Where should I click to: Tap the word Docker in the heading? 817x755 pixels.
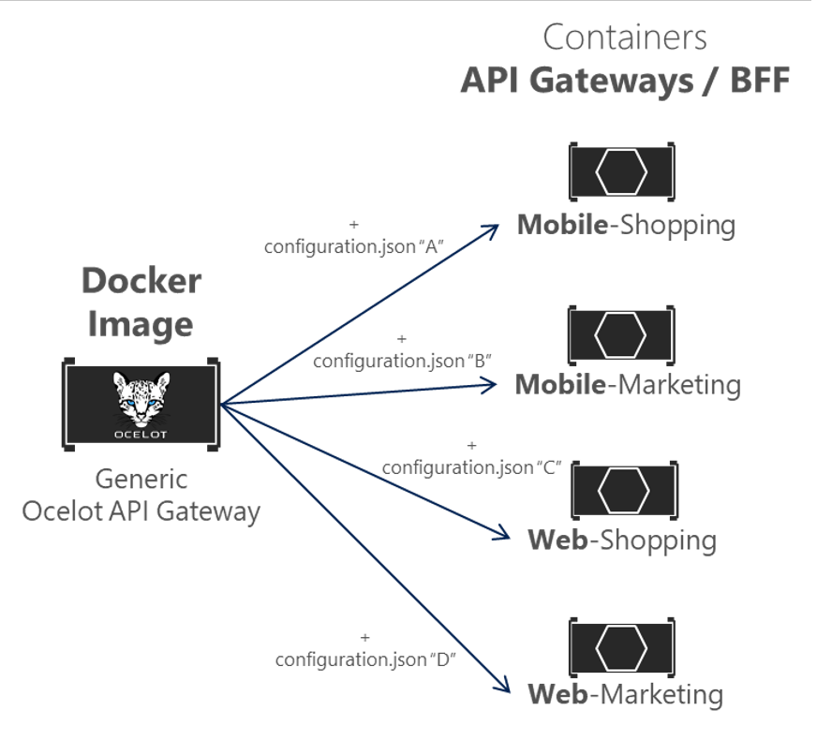pos(141,280)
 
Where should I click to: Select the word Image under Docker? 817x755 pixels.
pos(141,324)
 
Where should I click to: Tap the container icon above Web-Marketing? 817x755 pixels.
pos(622,647)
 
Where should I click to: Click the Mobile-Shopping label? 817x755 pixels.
pos(626,226)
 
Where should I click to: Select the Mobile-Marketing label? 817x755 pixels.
pos(627,385)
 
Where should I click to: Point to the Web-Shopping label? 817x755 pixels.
pos(622,540)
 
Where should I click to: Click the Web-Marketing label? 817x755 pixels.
pos(625,695)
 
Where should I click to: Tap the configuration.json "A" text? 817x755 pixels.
pos(353,246)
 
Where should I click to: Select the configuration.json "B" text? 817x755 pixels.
pos(403,360)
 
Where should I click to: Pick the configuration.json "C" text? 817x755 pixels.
pos(471,467)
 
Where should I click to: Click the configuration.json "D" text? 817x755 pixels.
pos(365,659)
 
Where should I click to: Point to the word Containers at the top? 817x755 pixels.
pos(625,37)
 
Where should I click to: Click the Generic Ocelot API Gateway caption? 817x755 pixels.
pos(141,496)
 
